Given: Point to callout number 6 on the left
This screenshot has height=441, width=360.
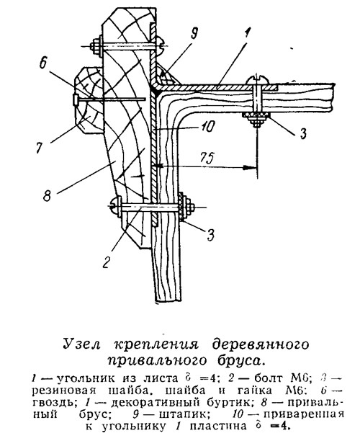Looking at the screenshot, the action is [x=43, y=64].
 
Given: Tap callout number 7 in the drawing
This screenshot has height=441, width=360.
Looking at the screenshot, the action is [x=40, y=146].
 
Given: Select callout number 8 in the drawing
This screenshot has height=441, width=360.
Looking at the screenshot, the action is [x=47, y=195].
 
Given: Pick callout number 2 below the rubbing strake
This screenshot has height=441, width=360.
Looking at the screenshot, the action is [x=106, y=262].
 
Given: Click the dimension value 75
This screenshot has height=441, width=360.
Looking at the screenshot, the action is [x=207, y=158].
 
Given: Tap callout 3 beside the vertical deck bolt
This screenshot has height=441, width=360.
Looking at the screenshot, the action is [x=302, y=133].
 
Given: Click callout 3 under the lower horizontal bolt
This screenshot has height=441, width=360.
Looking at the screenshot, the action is [x=211, y=235].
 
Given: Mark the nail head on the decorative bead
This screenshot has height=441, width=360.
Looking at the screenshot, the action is [x=76, y=99].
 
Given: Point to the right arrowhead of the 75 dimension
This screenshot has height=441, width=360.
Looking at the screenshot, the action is [x=250, y=167].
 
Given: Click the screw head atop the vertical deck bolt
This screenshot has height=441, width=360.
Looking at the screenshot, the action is [x=256, y=81].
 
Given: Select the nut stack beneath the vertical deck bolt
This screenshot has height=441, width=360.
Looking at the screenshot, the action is [x=256, y=119].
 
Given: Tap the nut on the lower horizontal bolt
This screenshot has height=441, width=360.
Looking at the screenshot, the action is [x=185, y=207].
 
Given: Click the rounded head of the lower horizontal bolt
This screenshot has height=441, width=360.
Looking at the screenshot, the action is [x=115, y=207].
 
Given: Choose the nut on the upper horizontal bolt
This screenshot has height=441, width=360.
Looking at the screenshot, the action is [x=96, y=46].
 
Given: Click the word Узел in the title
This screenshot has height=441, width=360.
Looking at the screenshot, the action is [x=81, y=344].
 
